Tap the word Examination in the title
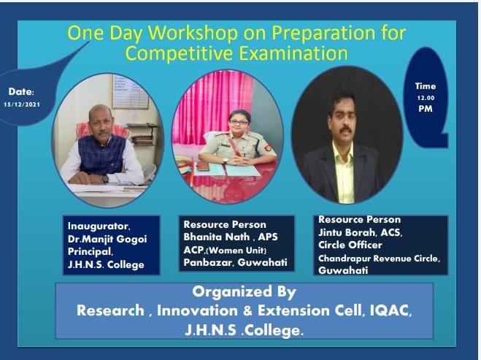point(293,53)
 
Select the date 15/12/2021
point(22,104)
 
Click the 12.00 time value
point(426,98)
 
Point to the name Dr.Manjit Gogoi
point(107,239)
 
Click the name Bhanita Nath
point(217,237)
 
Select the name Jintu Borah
point(347,232)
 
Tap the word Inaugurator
point(99,226)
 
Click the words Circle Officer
point(350,245)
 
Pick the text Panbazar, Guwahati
point(235,262)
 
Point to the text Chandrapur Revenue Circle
point(379,258)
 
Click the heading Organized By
point(245,291)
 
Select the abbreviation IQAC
point(390,310)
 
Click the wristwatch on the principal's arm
point(106,179)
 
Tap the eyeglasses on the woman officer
point(239,123)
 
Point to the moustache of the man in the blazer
point(346,129)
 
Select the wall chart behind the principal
point(130,92)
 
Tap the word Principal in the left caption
point(91,252)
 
